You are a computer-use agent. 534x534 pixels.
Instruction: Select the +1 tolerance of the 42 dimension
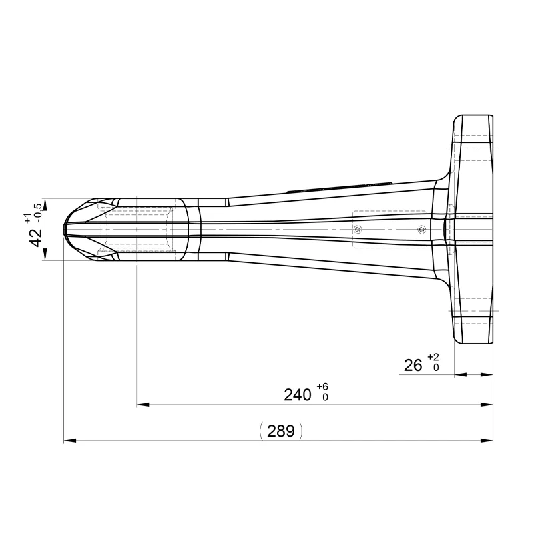tap(27, 218)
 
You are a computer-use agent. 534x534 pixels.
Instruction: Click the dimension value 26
tap(413, 365)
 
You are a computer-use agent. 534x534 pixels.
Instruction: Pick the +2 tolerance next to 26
tap(433, 357)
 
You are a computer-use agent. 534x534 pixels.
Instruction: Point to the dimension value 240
tap(298, 395)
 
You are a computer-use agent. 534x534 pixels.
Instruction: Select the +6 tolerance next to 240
tap(323, 387)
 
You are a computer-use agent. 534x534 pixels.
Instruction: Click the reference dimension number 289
tap(280, 431)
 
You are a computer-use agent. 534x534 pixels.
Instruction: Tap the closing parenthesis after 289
tap(301, 431)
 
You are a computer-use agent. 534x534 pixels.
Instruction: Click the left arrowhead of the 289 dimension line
tap(68, 441)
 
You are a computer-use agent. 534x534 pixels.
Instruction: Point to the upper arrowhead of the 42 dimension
tap(45, 202)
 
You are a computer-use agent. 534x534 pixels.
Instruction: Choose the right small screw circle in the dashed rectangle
tap(420, 230)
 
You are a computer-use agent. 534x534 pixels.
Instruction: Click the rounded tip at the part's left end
tap(65, 229)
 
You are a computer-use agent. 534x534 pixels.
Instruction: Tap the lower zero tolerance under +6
tap(325, 398)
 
